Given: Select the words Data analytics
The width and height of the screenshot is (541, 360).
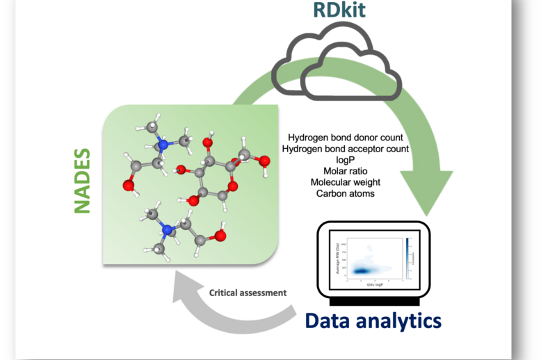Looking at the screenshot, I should point(373,320).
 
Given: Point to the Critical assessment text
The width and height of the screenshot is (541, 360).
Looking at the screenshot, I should point(248,293).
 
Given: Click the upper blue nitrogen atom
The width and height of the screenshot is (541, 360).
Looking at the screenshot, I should point(165,146).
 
